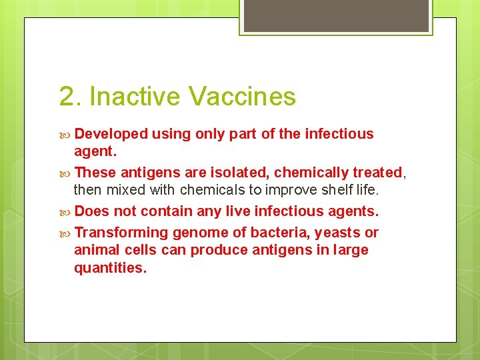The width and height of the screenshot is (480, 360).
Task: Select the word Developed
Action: coord(111,134)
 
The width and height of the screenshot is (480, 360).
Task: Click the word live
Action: coord(233,211)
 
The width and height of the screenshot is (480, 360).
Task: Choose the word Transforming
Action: coord(121,233)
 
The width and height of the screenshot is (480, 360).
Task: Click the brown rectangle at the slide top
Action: coord(335,15)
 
